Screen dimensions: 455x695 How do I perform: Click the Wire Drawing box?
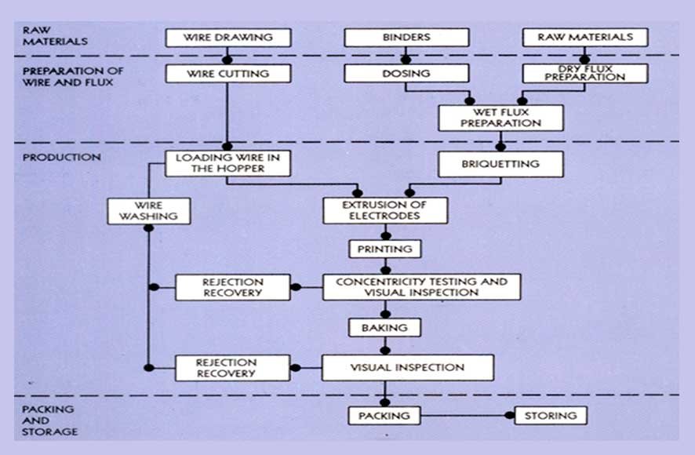[227, 37]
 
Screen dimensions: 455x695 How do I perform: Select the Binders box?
[406, 37]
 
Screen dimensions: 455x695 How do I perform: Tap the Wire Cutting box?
[227, 74]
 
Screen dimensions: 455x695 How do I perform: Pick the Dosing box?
[406, 74]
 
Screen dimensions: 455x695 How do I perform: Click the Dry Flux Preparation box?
[585, 74]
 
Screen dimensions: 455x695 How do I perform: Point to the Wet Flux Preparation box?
[500, 118]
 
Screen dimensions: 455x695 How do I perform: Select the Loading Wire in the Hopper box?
[227, 163]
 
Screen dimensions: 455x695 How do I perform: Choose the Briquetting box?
[500, 164]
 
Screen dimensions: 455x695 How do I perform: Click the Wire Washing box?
[149, 210]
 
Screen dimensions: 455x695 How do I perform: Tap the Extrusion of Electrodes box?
[385, 210]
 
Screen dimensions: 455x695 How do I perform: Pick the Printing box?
[385, 249]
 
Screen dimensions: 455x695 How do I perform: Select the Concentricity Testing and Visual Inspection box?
[421, 287]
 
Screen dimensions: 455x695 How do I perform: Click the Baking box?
[385, 326]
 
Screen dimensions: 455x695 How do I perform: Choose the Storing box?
[551, 415]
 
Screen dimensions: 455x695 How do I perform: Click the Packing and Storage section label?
[48, 420]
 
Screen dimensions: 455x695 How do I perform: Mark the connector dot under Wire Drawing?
[227, 60]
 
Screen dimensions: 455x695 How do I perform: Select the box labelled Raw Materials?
[585, 37]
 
